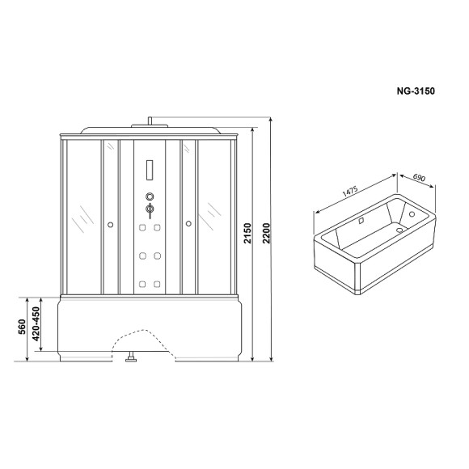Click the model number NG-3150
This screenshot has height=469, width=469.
[x=417, y=91]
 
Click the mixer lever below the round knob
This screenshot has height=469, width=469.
[x=149, y=210]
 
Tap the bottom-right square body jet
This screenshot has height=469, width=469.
[x=157, y=283]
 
